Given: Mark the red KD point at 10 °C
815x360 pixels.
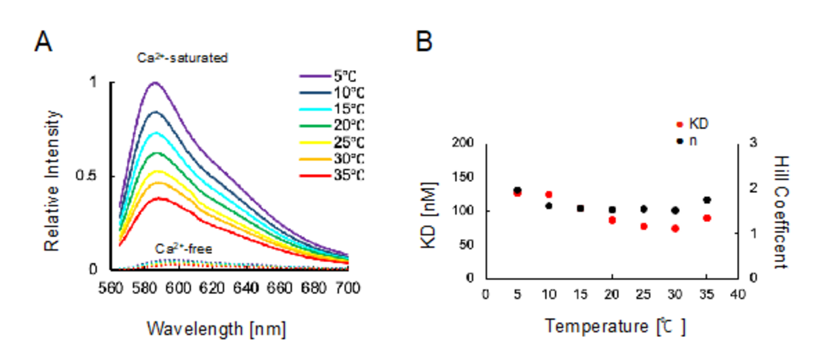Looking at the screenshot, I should (x=549, y=195).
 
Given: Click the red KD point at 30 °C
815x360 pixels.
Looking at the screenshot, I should (x=675, y=228).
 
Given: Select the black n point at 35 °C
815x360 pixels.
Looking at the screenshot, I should (x=707, y=200).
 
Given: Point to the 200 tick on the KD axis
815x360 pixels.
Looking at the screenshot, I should (x=465, y=143).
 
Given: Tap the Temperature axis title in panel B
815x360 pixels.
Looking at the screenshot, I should (x=615, y=327).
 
